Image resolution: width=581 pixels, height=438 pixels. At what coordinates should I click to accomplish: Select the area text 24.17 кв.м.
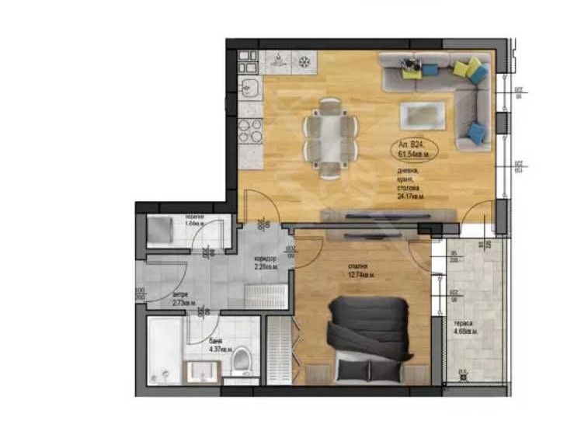pos(411,196)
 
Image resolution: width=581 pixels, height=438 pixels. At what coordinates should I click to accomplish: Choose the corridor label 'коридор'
pos(266,259)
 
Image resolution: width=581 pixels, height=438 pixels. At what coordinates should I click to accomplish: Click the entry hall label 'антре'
pos(179,294)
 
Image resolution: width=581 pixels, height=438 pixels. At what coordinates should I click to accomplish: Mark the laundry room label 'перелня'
pos(193,217)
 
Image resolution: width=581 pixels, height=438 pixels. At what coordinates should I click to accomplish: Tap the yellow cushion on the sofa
pos(463,68)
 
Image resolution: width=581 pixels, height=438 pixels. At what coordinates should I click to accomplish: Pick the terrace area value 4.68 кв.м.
pos(466,332)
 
